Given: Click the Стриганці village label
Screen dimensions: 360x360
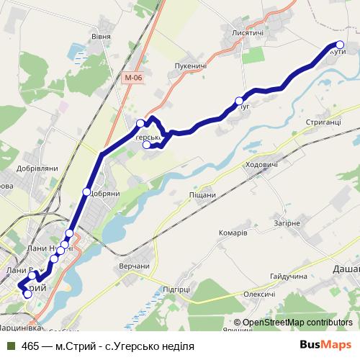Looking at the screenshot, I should point(323,124).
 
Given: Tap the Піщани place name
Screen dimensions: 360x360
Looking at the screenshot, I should point(202,195).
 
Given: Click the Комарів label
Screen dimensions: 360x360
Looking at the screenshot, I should point(233,233).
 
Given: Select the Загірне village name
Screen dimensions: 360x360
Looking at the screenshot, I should point(287,223).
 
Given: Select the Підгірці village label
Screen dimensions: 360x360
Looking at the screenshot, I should point(176,289).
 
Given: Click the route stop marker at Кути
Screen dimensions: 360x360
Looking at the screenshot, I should point(341,45).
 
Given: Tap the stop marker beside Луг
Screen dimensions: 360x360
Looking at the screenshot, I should point(238,101).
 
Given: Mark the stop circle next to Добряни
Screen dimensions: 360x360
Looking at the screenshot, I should point(86,192).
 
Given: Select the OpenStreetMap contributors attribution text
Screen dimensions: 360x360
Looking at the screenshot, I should point(298,322).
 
